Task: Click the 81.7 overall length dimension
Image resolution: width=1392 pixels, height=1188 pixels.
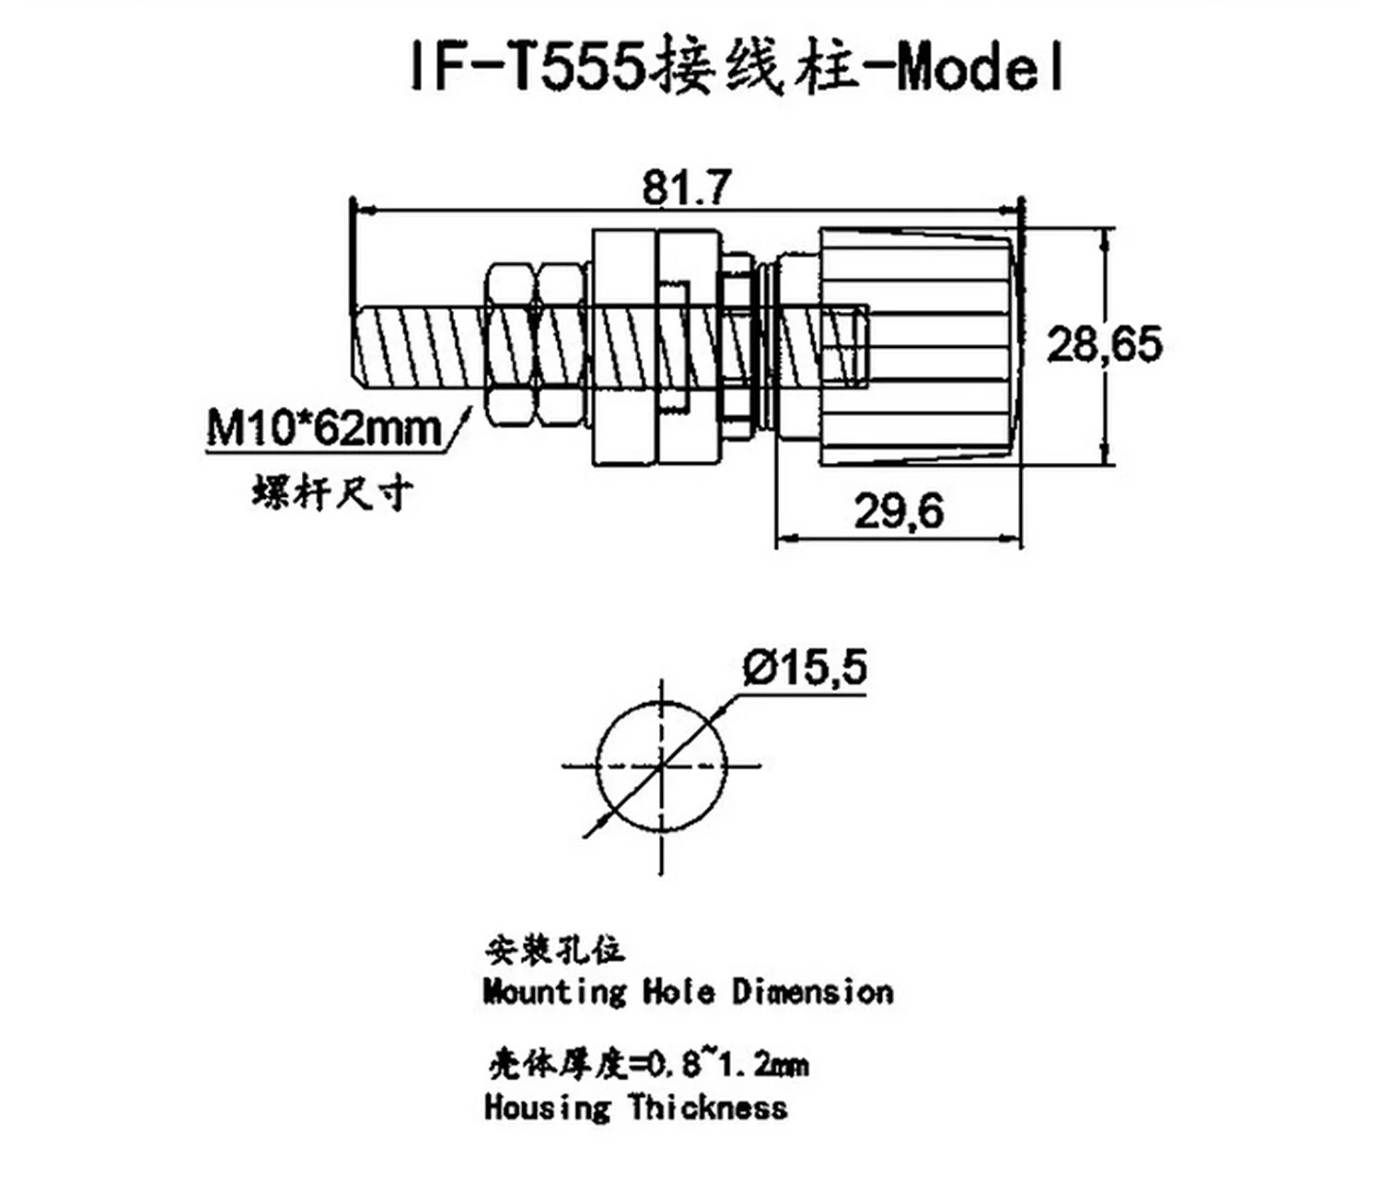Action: click(686, 187)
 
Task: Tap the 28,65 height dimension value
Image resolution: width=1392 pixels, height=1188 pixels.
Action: click(1104, 344)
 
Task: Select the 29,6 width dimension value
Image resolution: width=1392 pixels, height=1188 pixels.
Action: click(899, 511)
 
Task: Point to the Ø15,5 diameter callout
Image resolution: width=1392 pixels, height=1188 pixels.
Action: click(805, 667)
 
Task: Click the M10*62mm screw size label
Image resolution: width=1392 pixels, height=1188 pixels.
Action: click(324, 429)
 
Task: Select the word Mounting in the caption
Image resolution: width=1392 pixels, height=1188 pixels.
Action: click(554, 992)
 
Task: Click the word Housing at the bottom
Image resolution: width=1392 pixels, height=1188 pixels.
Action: click(547, 1106)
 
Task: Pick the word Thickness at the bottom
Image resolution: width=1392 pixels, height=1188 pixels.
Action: click(708, 1106)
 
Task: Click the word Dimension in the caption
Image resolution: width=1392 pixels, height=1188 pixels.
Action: click(813, 992)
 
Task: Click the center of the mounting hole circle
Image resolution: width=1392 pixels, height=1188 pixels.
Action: click(662, 766)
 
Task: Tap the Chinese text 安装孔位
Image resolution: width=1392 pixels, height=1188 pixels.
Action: click(555, 949)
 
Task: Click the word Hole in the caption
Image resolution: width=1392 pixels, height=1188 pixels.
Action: click(679, 992)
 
